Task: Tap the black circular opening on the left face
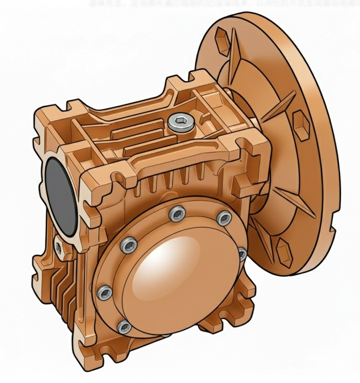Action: click(61, 196)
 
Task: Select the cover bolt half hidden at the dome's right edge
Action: click(242, 254)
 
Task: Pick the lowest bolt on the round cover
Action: click(124, 327)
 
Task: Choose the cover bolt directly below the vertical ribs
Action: click(177, 214)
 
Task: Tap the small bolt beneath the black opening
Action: click(58, 248)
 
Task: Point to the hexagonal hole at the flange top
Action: click(222, 38)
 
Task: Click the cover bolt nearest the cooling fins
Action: click(105, 292)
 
